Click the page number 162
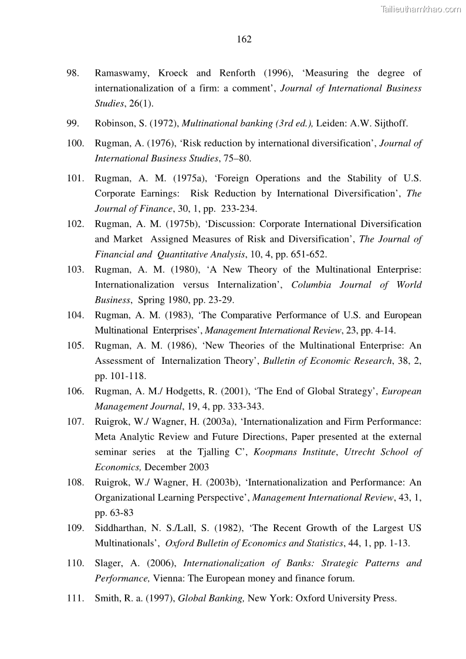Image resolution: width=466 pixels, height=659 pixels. tap(244, 39)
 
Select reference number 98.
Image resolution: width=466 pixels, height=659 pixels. tap(73, 73)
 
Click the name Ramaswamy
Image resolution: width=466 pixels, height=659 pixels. tap(120, 73)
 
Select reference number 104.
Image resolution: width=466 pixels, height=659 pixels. tap(75, 316)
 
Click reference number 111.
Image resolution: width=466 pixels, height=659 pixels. tap(75, 599)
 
